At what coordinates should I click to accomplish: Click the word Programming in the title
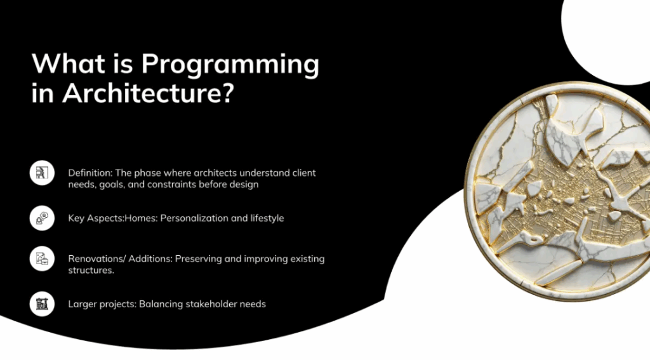coord(230,65)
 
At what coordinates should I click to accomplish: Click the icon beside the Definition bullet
coord(42,173)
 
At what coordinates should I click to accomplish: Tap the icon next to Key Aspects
coord(42,218)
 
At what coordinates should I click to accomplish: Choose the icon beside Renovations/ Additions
coord(42,258)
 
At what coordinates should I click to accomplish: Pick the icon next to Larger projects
coord(42,303)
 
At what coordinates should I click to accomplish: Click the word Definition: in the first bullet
coord(90,173)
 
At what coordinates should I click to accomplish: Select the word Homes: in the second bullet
coord(141,218)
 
